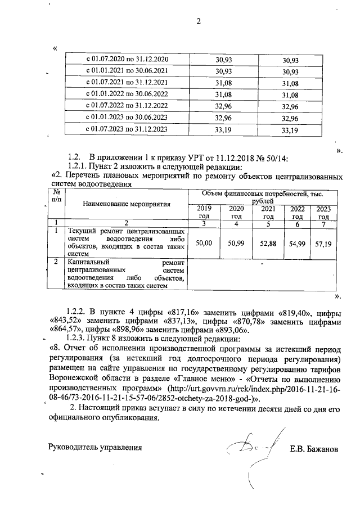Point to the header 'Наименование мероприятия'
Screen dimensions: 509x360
coord(127,204)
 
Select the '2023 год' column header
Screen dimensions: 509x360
coord(323,212)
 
